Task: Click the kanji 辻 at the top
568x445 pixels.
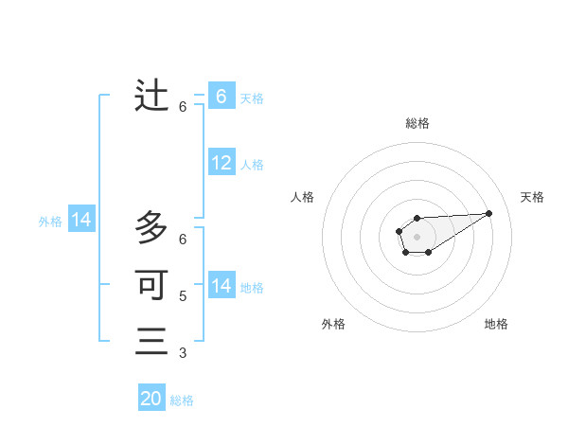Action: coord(151,96)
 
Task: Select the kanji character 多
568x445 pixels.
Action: coord(151,227)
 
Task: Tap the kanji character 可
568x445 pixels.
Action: coord(151,284)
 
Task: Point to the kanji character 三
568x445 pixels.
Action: coord(151,341)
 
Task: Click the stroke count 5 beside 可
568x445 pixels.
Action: coord(183,295)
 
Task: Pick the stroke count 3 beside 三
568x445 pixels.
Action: coord(183,353)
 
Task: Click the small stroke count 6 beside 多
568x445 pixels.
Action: coord(183,239)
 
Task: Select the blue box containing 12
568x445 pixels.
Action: coord(222,164)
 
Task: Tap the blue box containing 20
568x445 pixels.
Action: coord(151,399)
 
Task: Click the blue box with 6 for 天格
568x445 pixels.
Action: coord(222,97)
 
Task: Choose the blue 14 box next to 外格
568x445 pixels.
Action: coord(81,221)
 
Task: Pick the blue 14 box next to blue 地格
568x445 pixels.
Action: coord(222,286)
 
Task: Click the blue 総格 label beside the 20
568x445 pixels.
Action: coord(182,400)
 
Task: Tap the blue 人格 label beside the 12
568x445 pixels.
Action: coord(252,165)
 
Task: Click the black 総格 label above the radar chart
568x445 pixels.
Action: coord(417,123)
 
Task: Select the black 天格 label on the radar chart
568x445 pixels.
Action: coord(532,197)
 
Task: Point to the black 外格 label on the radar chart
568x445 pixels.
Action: coord(333,324)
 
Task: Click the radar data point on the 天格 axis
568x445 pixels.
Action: coord(489,212)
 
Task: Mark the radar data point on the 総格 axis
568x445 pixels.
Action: coord(417,218)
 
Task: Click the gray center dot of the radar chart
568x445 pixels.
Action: coord(417,236)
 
